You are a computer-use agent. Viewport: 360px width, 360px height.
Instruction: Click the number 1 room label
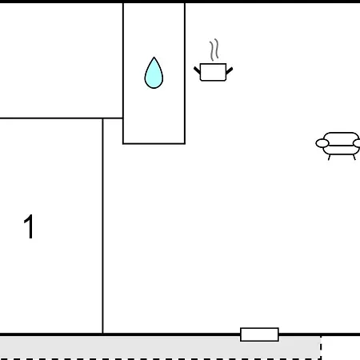(x=29, y=226)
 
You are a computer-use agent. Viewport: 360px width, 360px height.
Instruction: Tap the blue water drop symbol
(x=154, y=73)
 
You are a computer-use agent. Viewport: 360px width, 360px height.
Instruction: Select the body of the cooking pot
(x=213, y=72)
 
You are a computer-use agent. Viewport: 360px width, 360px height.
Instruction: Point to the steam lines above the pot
(x=214, y=50)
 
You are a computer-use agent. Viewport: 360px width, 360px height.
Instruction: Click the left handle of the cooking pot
(x=197, y=70)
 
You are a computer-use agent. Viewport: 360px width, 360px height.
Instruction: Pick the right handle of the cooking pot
(x=230, y=70)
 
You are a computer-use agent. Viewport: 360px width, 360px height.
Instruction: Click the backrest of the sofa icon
(x=341, y=138)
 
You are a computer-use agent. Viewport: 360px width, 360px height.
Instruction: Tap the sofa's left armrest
(x=322, y=143)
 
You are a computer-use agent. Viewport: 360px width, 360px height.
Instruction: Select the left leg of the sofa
(x=329, y=158)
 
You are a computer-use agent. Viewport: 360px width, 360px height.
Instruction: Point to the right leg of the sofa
(x=354, y=158)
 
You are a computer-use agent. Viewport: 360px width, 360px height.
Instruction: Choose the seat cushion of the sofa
(x=341, y=150)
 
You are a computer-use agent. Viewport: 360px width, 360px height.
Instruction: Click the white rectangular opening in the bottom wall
(x=259, y=334)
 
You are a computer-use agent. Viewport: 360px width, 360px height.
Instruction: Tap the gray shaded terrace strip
(x=160, y=347)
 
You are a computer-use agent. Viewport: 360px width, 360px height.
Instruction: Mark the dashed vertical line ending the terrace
(x=321, y=347)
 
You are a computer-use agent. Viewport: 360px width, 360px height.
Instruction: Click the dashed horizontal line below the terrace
(x=161, y=359)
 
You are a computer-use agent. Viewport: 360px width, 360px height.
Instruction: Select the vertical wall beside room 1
(x=102, y=226)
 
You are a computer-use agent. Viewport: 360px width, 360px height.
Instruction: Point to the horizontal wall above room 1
(x=62, y=118)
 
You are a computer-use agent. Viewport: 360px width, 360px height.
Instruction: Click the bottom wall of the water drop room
(x=154, y=143)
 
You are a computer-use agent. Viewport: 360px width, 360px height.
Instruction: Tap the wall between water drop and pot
(x=185, y=74)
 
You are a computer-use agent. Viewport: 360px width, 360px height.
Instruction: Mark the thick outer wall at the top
(x=180, y=2)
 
